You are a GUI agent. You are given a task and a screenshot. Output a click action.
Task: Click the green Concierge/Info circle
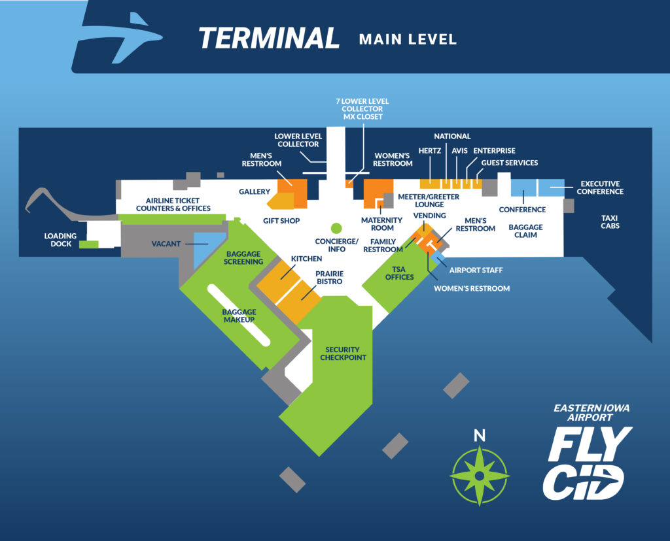[336, 228]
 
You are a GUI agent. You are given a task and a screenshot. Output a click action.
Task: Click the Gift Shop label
[281, 221]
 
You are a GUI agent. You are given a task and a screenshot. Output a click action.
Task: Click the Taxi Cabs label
[610, 221]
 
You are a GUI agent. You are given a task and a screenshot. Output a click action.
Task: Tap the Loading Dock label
[60, 240]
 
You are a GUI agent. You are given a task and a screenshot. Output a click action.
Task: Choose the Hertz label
[430, 151]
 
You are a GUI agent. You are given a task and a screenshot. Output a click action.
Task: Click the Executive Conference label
[600, 188]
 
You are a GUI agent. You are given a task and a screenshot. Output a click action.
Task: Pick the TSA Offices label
[399, 272]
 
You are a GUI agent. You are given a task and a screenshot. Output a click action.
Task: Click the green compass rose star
[480, 476]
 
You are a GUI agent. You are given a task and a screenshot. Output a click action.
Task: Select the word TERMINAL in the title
[269, 38]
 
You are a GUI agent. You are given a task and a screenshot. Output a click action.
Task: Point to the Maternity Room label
[383, 224]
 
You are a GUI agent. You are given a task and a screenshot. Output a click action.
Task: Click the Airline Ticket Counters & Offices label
[173, 205]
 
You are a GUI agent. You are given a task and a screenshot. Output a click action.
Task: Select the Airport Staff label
[476, 269]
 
